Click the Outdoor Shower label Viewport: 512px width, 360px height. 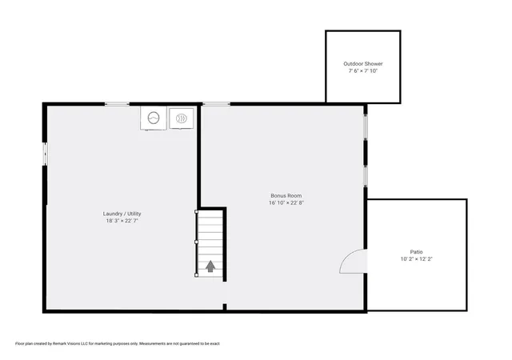[362, 64]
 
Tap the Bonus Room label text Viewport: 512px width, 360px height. [286, 196]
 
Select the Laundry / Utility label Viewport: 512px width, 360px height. [122, 214]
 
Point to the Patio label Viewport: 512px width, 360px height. [416, 252]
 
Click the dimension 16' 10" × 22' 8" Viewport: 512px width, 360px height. [286, 203]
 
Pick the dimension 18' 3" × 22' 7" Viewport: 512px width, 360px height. [122, 221]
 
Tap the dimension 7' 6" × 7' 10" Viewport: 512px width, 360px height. [362, 71]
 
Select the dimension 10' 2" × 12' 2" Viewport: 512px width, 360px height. [416, 259]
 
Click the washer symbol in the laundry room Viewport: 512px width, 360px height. [154, 118]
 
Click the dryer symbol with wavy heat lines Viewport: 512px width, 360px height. [182, 118]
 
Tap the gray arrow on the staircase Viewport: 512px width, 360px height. [210, 266]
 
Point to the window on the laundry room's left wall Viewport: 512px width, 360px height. [46, 154]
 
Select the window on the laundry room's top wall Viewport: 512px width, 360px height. [118, 104]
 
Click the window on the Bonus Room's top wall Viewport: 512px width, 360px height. [216, 104]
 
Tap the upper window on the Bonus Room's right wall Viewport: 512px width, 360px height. [366, 127]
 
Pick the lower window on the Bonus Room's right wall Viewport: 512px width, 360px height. [366, 176]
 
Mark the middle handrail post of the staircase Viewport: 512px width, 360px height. [196, 242]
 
